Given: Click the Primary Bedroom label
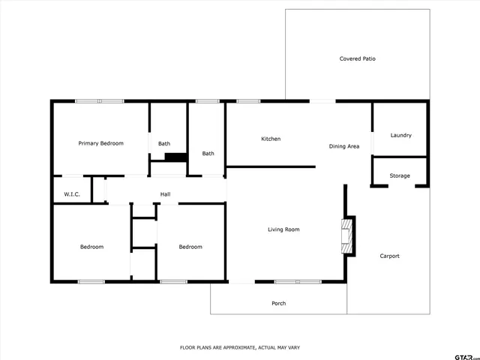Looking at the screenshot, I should pyautogui.click(x=101, y=142).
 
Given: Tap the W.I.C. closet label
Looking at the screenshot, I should pyautogui.click(x=72, y=194).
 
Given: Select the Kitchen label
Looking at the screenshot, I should pyautogui.click(x=271, y=139).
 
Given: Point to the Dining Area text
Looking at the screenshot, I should pyautogui.click(x=343, y=146).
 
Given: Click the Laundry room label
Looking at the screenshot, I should pyautogui.click(x=400, y=135).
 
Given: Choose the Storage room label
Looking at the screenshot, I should pyautogui.click(x=400, y=175).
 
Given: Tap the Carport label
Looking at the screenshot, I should pyautogui.click(x=389, y=256).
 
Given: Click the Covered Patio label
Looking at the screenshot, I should pyautogui.click(x=357, y=58).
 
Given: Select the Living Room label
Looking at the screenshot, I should pyautogui.click(x=283, y=229).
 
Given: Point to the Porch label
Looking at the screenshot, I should pyautogui.click(x=278, y=303).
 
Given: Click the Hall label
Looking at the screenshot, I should pyautogui.click(x=165, y=194).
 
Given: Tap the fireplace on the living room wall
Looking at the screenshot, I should pyautogui.click(x=347, y=235).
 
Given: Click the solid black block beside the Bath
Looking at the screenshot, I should pyautogui.click(x=175, y=157).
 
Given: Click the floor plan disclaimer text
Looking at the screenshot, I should pyautogui.click(x=240, y=347).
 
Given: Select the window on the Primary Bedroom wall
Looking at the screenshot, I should pyautogui.click(x=99, y=101).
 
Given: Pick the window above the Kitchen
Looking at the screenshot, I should pyautogui.click(x=248, y=101).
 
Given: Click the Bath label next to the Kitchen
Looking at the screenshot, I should pyautogui.click(x=208, y=154).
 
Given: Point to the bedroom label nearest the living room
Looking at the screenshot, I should pyautogui.click(x=190, y=247).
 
